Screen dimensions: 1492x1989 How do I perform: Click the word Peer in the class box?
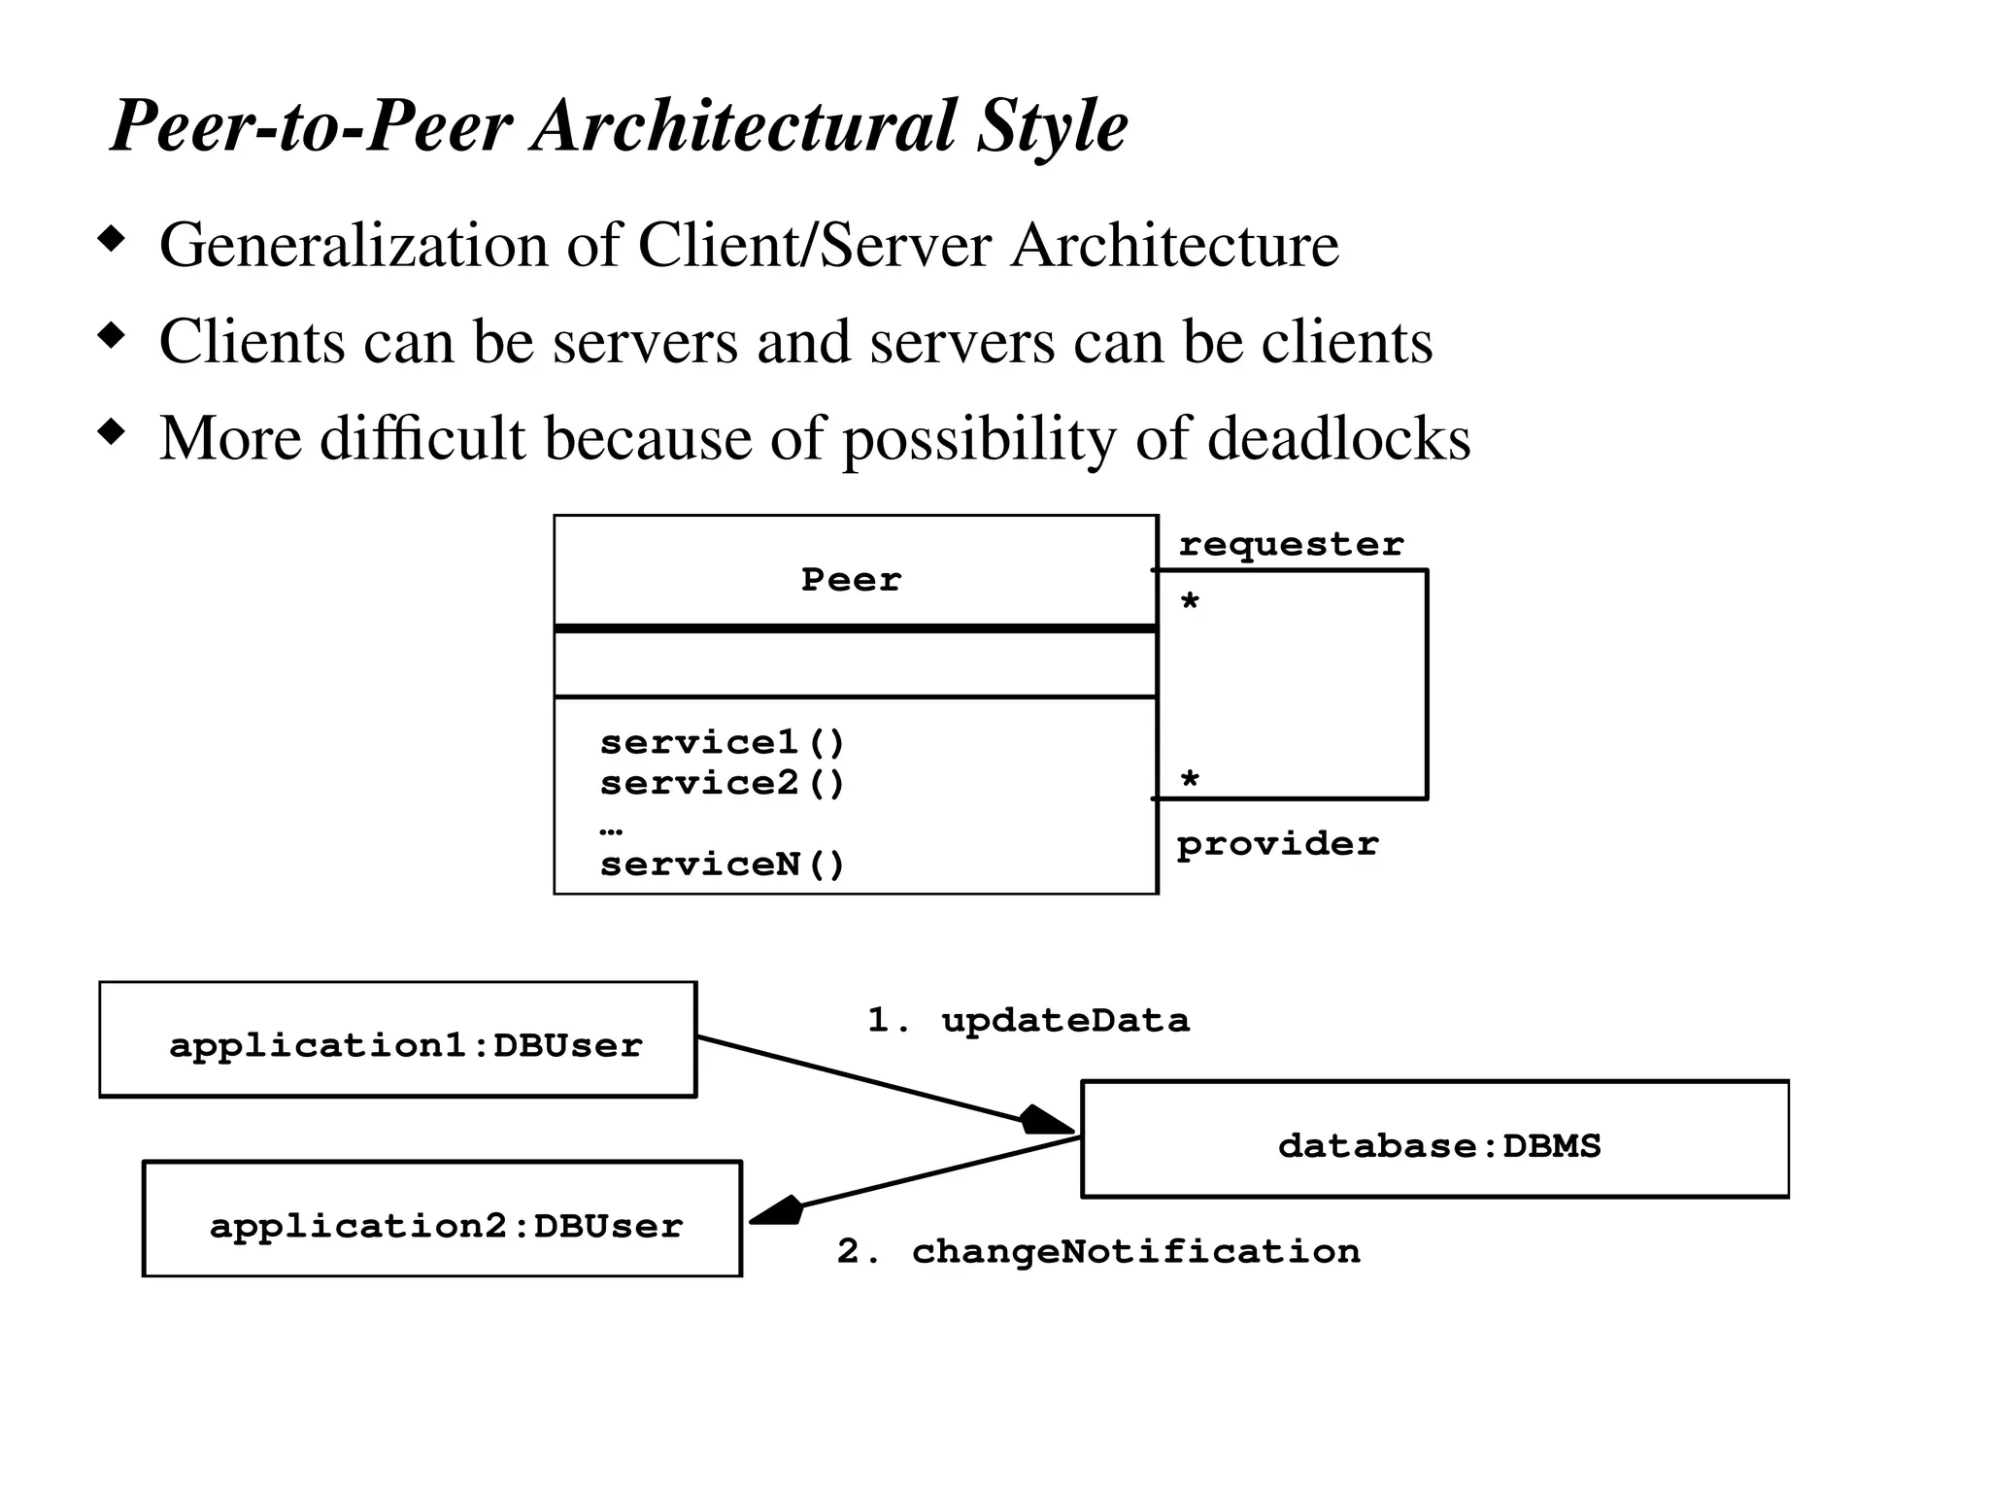[x=851, y=580]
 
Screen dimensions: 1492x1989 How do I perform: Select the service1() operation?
[x=723, y=743]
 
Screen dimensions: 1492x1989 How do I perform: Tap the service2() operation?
[x=723, y=783]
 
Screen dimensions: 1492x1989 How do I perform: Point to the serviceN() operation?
[x=723, y=865]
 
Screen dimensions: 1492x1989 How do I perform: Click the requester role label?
[x=1291, y=544]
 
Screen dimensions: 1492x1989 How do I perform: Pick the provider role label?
[x=1277, y=844]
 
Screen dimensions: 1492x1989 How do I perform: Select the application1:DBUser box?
[x=398, y=1039]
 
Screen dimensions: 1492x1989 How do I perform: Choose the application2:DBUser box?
[x=442, y=1218]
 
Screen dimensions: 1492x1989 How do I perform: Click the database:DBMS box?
[x=1434, y=1139]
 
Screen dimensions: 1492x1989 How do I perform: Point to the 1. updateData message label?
[x=1028, y=1020]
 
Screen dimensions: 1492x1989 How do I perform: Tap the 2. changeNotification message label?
[x=1098, y=1251]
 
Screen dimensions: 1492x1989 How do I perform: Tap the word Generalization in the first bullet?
[x=354, y=245]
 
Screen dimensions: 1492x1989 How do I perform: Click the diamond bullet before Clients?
[x=113, y=336]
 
